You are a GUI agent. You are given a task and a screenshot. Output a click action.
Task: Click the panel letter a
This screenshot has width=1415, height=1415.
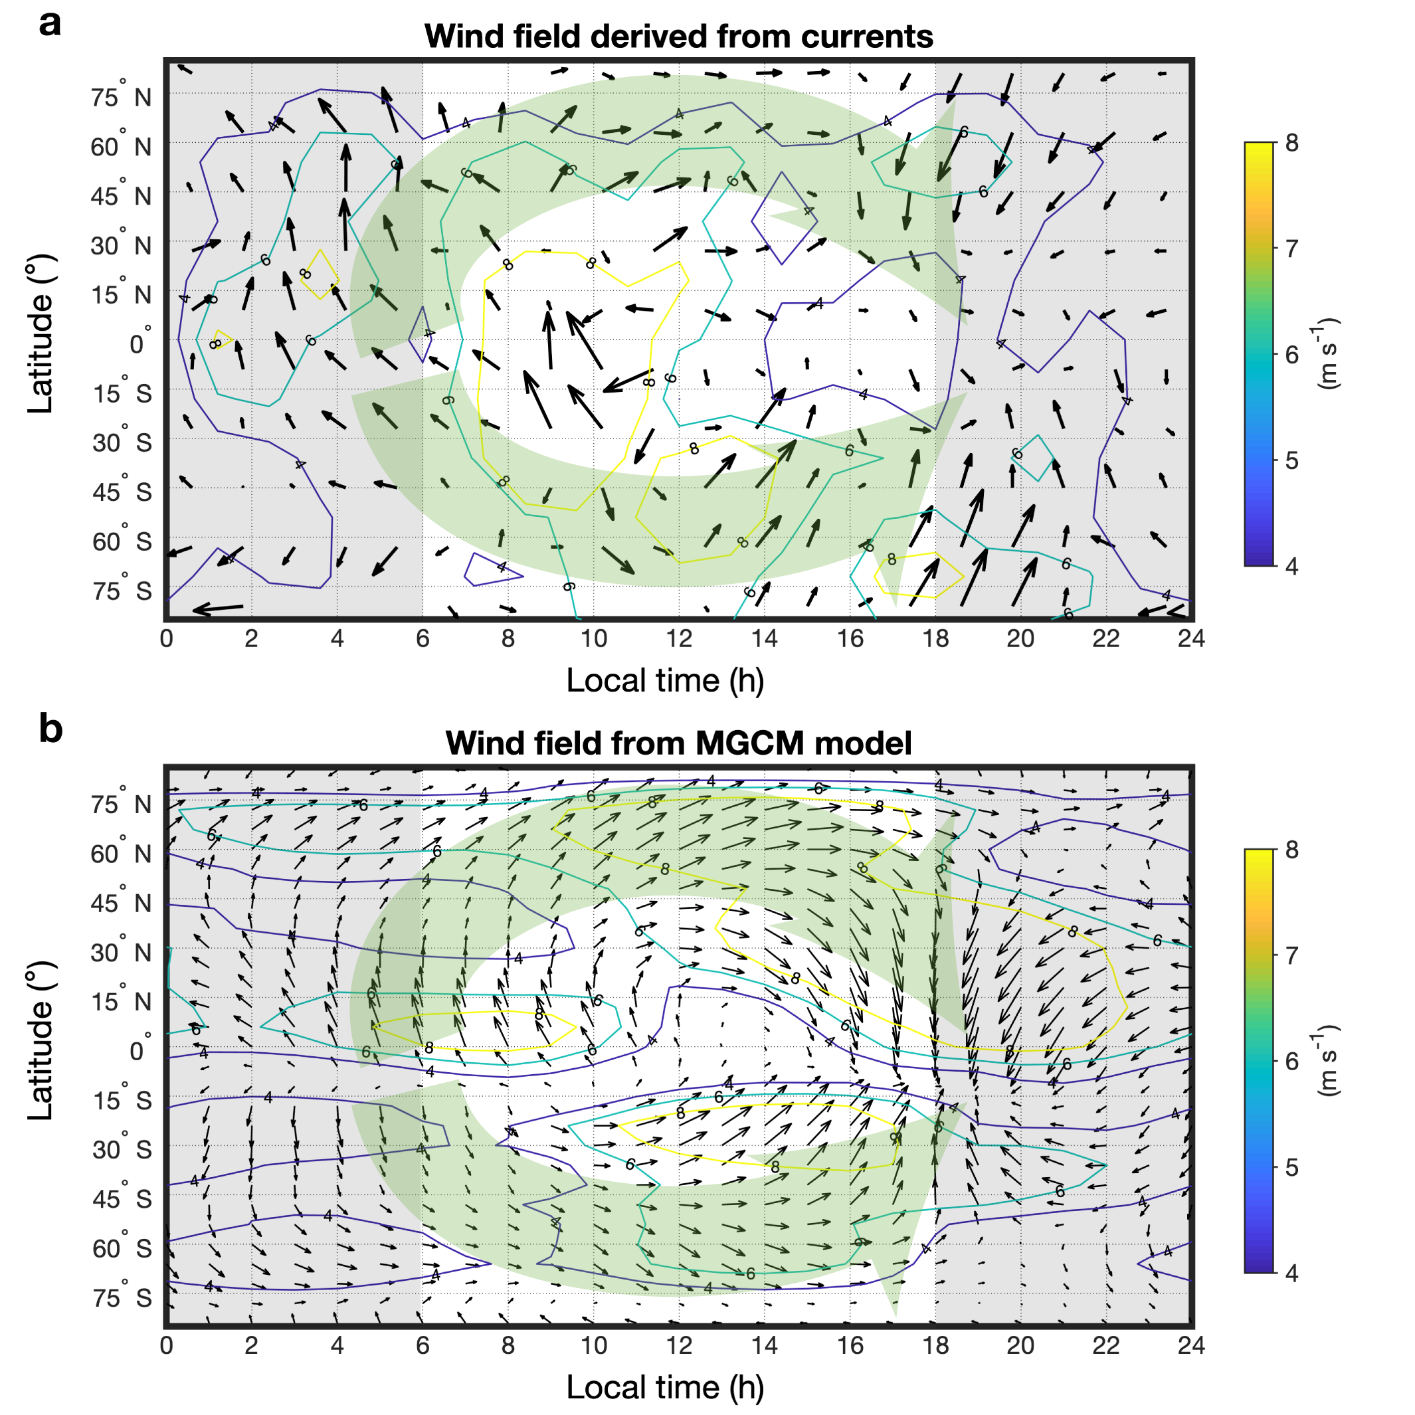pyautogui.click(x=50, y=25)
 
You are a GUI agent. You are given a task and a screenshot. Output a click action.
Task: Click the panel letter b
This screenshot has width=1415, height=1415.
pyautogui.click(x=50, y=729)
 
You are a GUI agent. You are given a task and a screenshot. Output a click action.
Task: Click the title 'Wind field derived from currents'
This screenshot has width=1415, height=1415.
pyautogui.click(x=678, y=36)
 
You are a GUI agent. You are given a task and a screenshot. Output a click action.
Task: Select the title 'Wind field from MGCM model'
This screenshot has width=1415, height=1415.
pyautogui.click(x=678, y=743)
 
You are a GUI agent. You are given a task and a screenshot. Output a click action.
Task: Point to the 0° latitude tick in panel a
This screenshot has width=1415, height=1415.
pyautogui.click(x=139, y=343)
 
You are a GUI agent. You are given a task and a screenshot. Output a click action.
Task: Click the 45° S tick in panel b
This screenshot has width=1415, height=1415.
pyautogui.click(x=122, y=1198)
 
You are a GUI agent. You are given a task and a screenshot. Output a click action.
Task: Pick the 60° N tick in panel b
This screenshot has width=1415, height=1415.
pyautogui.click(x=122, y=853)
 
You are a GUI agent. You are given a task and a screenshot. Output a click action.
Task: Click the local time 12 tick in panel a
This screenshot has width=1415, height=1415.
pyautogui.click(x=679, y=638)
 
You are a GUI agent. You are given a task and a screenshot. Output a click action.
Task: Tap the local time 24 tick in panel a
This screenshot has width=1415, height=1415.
pyautogui.click(x=1191, y=638)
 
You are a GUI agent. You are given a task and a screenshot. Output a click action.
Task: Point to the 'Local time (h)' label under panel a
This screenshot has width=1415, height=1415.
pyautogui.click(x=665, y=680)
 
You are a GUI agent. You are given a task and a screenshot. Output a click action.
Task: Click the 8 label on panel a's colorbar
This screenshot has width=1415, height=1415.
pyautogui.click(x=1291, y=143)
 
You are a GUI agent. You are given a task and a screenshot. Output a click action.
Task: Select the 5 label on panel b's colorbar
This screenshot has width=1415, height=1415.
pyautogui.click(x=1291, y=1167)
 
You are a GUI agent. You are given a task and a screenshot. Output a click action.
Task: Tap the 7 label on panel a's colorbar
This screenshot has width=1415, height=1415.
pyautogui.click(x=1291, y=248)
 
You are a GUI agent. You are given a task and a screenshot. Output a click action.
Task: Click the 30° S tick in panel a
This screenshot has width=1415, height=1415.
pyautogui.click(x=122, y=442)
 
